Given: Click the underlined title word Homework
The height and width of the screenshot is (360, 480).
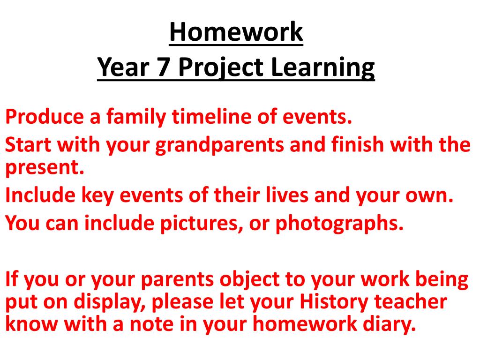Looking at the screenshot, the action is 236,32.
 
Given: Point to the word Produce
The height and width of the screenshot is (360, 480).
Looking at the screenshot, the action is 45,117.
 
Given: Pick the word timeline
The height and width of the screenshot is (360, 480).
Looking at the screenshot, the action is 211,117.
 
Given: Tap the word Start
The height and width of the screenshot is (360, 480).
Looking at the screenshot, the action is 28,144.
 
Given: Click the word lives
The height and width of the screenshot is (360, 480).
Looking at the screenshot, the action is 287,195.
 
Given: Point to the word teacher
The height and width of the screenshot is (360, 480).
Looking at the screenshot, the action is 411,302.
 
